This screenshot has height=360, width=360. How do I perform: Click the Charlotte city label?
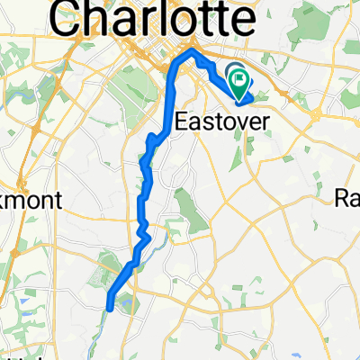click(x=152, y=19)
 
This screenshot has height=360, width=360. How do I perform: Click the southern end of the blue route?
click(x=109, y=308)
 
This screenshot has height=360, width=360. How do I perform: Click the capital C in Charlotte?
click(x=71, y=19)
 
